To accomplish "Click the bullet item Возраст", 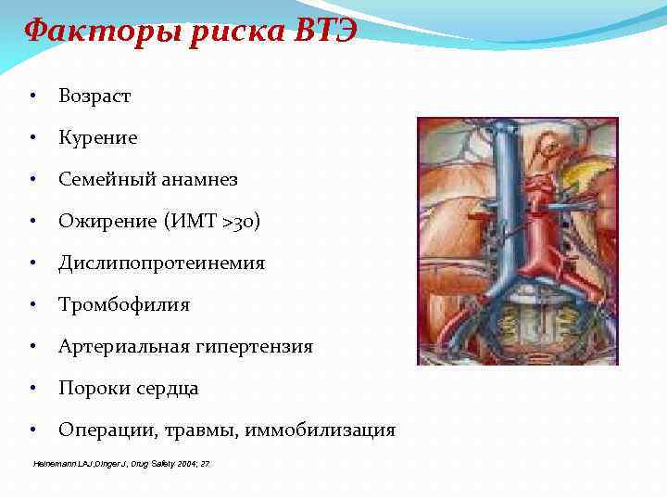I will coord(94,96).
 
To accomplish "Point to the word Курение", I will coord(97,137).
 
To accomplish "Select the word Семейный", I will coord(101,179).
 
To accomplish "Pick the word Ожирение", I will coord(104,221).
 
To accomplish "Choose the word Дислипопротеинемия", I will coord(161,263).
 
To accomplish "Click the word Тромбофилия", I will coord(123,304).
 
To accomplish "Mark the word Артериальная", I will coord(124,346).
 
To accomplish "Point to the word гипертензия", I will coord(255,346).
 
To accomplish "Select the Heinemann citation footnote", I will coord(121,463).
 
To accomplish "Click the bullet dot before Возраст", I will coord(32,96).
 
